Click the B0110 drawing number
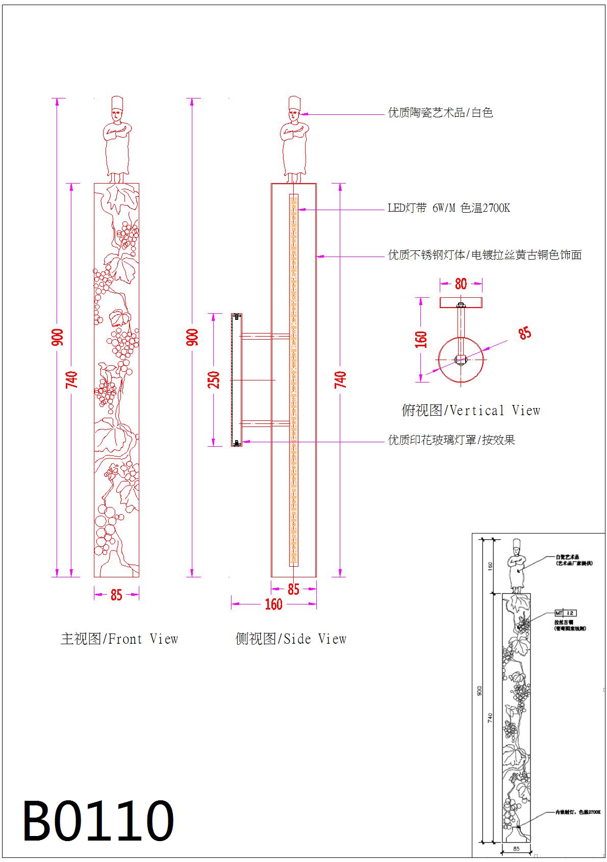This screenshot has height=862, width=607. pyautogui.click(x=98, y=821)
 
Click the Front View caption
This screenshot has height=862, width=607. pyautogui.click(x=119, y=639)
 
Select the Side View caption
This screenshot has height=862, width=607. pyautogui.click(x=291, y=639)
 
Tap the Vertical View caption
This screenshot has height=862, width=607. pyautogui.click(x=471, y=411)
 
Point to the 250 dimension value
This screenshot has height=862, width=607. pyautogui.click(x=214, y=380)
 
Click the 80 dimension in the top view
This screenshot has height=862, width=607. pyautogui.click(x=461, y=284)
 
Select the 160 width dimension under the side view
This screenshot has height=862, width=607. pyautogui.click(x=273, y=604)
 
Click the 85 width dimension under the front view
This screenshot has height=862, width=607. pyautogui.click(x=116, y=595)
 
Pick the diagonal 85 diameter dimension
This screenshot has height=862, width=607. pyautogui.click(x=525, y=333)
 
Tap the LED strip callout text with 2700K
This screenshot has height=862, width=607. pyautogui.click(x=449, y=208)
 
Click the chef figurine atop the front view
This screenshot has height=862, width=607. pyautogui.click(x=117, y=140)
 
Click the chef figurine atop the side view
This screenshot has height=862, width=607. pyautogui.click(x=294, y=140)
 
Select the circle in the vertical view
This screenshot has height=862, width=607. pyautogui.click(x=461, y=360)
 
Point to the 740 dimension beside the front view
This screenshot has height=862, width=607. pyautogui.click(x=72, y=380)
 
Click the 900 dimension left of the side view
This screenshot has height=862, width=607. pyautogui.click(x=193, y=337)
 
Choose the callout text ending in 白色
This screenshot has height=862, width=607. pyautogui.click(x=440, y=113)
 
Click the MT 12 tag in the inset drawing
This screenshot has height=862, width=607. pyautogui.click(x=565, y=613)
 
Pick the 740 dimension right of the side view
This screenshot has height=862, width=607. pyautogui.click(x=340, y=380)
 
